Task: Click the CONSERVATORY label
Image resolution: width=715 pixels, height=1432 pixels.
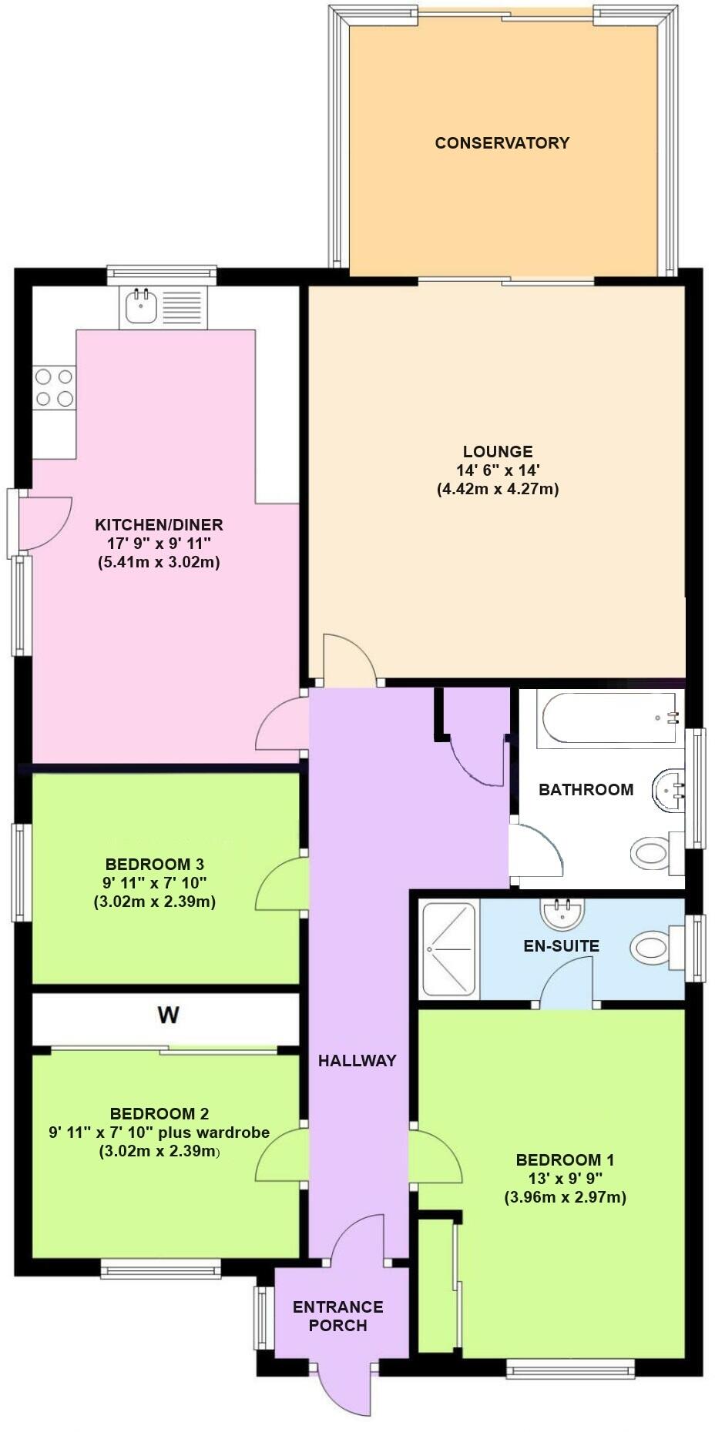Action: coord(502,142)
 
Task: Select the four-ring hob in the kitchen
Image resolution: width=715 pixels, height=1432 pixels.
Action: coord(54,387)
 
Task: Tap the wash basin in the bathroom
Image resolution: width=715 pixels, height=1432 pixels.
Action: coord(668,790)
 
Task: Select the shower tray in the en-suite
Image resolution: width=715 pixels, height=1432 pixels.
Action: coord(449,950)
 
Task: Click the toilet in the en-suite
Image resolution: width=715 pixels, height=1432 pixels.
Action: coord(656,947)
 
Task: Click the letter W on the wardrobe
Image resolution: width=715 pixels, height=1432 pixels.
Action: coord(169,1015)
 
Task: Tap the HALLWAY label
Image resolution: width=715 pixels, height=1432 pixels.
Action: coord(357,1060)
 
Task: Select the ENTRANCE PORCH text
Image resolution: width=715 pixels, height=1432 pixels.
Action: coord(337,1316)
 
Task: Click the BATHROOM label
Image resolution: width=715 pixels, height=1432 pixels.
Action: coord(586,789)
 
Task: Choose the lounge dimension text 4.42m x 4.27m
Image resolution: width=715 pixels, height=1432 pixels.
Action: coord(498,489)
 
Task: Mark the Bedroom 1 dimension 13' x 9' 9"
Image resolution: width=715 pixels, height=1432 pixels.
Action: coord(565,1179)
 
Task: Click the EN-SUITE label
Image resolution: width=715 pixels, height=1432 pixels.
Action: coord(562,945)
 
